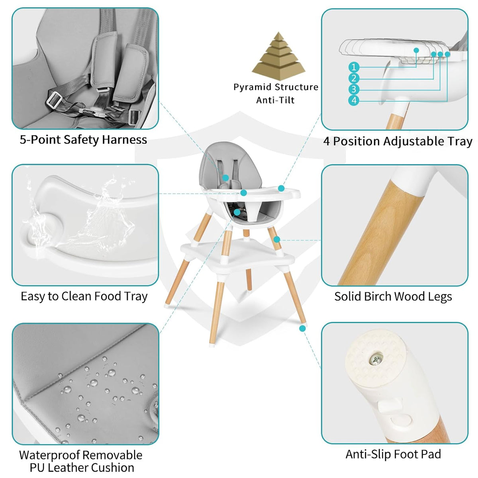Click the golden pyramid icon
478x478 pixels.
click(278, 56)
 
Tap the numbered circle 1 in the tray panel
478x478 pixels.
click(354, 67)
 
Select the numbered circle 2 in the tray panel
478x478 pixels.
click(354, 78)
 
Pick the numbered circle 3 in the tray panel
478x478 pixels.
click(354, 89)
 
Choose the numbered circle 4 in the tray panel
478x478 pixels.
click(354, 100)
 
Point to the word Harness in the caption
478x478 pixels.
click(124, 139)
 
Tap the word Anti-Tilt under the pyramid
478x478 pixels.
click(275, 100)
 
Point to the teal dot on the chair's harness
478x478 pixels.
click(225, 178)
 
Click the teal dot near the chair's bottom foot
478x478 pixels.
click(302, 328)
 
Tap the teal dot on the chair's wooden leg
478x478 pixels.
click(277, 239)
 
